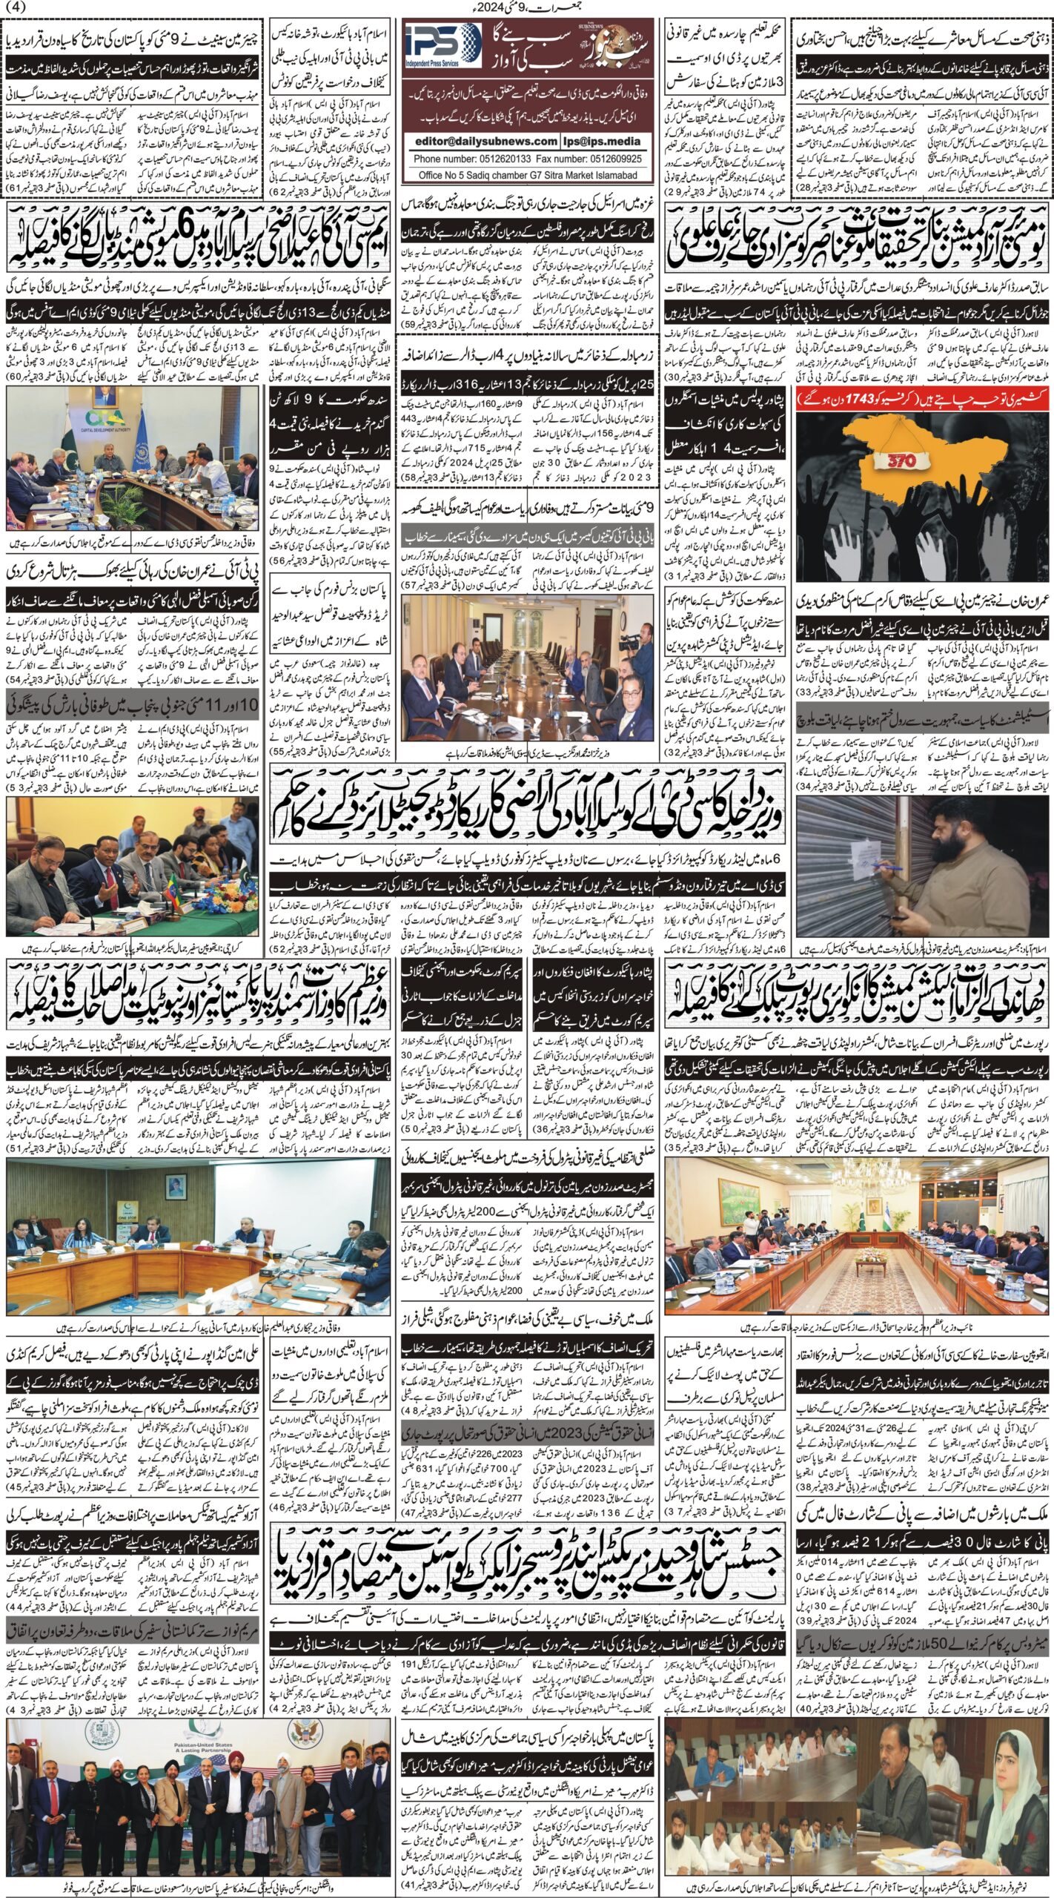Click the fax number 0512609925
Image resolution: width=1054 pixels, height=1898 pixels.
[607, 158]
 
